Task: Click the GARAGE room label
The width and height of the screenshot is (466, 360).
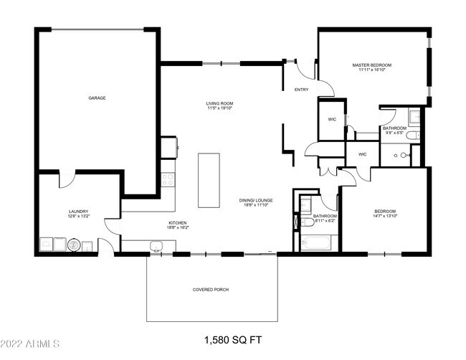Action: pyautogui.click(x=97, y=98)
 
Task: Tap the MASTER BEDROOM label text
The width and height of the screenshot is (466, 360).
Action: pyautogui.click(x=371, y=65)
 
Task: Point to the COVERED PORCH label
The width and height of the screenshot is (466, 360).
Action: pyautogui.click(x=211, y=289)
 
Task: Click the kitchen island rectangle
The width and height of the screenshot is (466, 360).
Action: pyautogui.click(x=209, y=179)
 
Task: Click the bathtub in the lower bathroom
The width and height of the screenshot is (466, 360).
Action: pyautogui.click(x=316, y=243)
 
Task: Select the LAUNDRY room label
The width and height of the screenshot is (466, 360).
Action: pyautogui.click(x=78, y=211)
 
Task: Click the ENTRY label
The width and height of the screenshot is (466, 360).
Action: pyautogui.click(x=301, y=90)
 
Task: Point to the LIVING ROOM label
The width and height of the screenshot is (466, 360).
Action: pyautogui.click(x=219, y=104)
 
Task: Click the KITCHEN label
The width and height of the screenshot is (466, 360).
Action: pyautogui.click(x=178, y=223)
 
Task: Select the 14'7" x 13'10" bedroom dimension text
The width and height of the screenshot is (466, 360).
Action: pyautogui.click(x=385, y=215)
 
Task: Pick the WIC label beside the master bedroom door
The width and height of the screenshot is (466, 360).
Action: pyautogui.click(x=332, y=119)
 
